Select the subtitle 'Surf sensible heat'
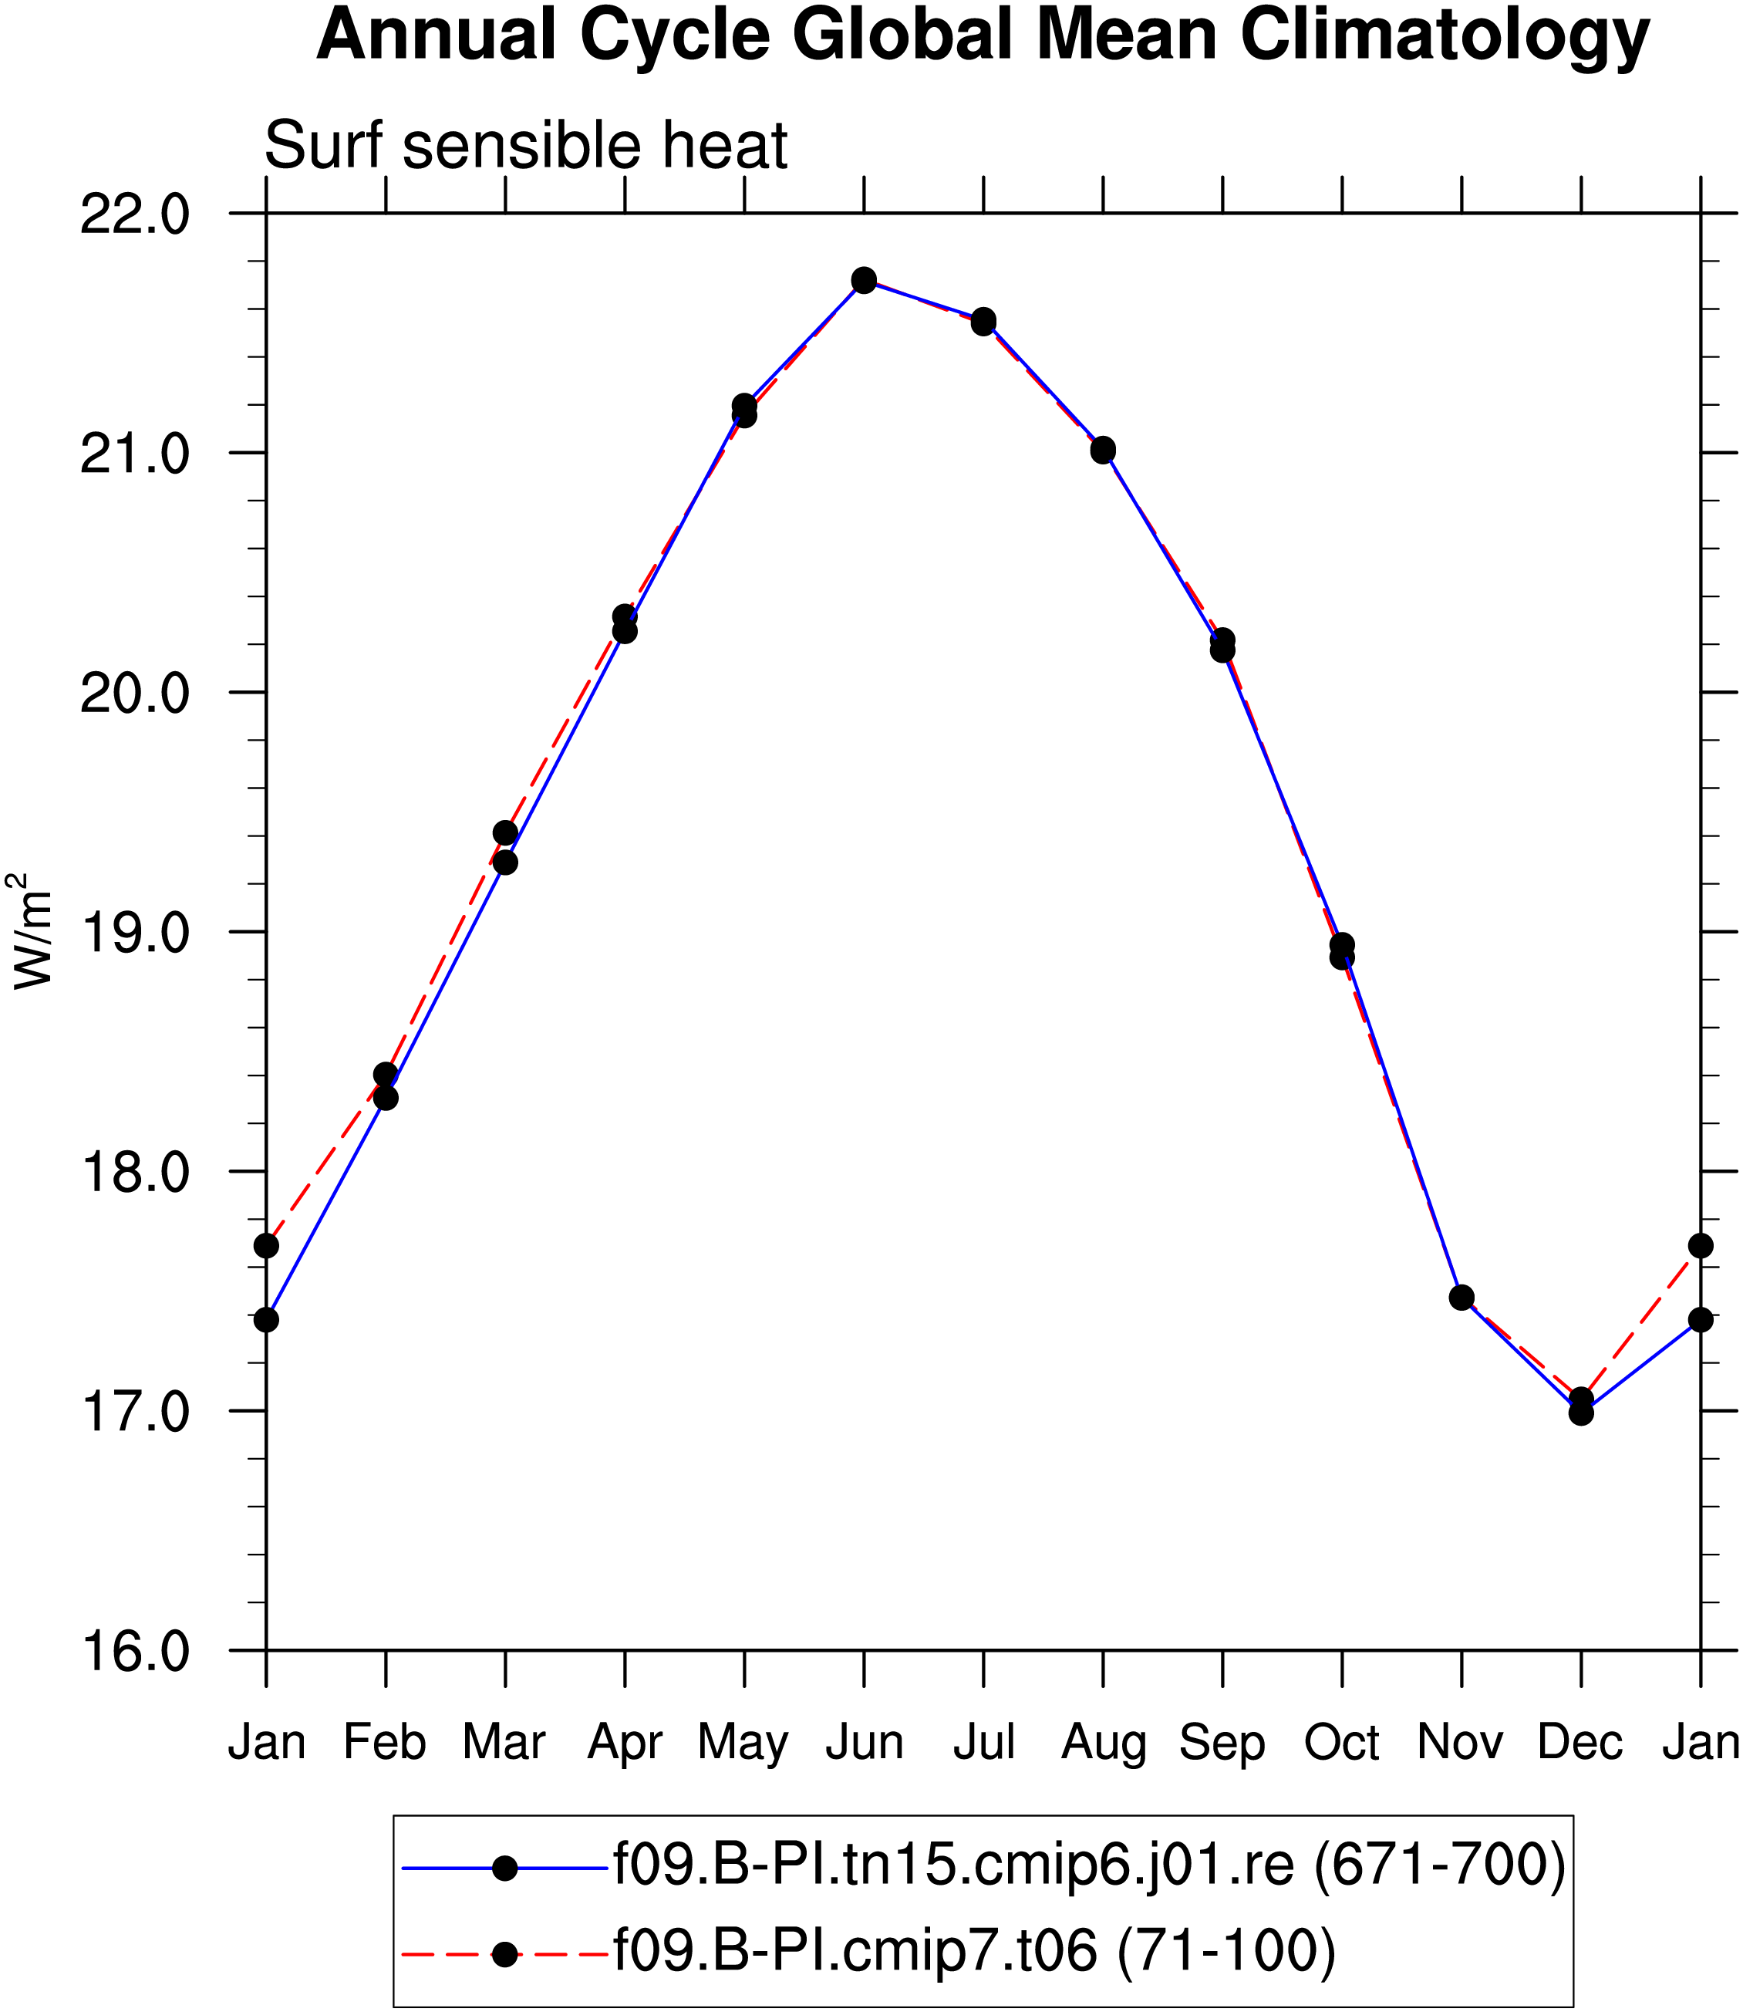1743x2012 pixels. (x=525, y=146)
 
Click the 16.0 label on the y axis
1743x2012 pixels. (x=134, y=1651)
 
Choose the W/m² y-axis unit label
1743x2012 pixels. (x=31, y=931)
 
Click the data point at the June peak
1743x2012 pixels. (x=864, y=280)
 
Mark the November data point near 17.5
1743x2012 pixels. (x=1461, y=1297)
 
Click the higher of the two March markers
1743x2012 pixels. (x=505, y=833)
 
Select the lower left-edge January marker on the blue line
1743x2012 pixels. (x=267, y=1320)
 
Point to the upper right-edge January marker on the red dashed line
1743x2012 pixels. (x=1701, y=1246)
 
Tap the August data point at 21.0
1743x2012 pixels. (x=1103, y=450)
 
